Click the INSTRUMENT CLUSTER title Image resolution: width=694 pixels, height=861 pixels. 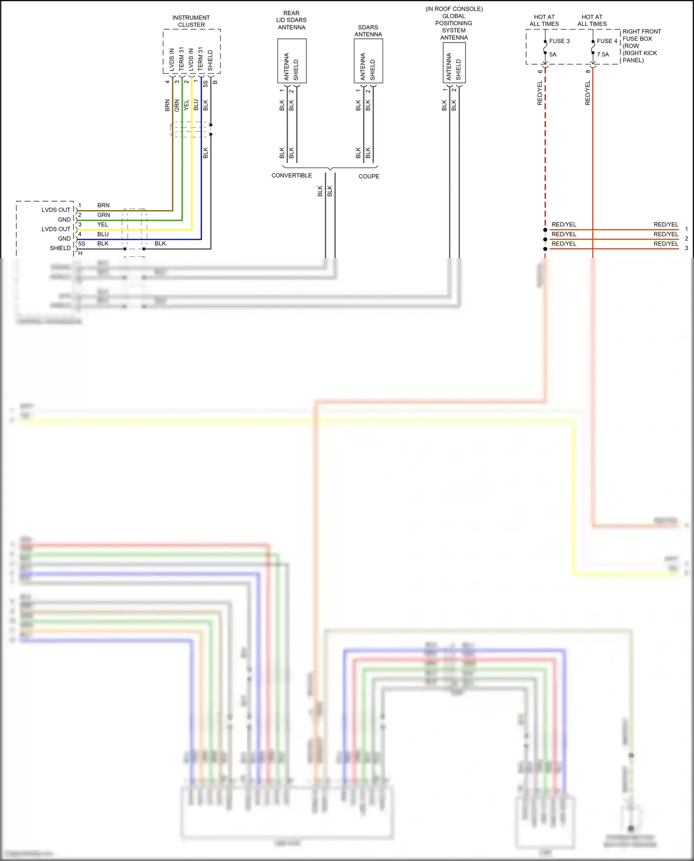point(191,21)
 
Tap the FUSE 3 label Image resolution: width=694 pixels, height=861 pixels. point(559,41)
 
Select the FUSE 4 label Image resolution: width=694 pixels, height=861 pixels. point(607,41)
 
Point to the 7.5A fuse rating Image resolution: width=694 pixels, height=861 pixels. point(603,55)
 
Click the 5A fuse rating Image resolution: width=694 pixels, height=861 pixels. point(553,55)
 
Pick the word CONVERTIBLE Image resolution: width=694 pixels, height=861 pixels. point(291,176)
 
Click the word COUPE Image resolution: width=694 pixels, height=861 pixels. point(369,176)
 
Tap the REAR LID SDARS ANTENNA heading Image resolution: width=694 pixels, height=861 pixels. point(291,20)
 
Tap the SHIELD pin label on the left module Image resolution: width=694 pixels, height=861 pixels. point(60,248)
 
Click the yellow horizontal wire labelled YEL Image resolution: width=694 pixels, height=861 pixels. point(139,229)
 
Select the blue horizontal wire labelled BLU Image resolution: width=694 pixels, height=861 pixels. point(139,239)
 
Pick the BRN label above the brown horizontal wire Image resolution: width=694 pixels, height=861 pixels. point(103,205)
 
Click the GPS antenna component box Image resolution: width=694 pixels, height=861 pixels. point(454,62)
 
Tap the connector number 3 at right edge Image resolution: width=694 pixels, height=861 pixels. point(686,248)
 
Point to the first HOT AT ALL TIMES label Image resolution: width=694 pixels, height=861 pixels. point(544,20)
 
